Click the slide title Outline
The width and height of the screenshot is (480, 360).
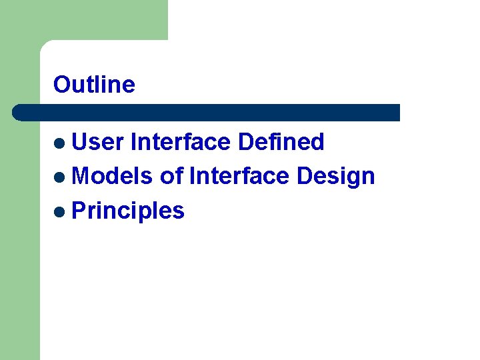(x=94, y=85)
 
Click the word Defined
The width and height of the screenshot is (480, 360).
(x=281, y=142)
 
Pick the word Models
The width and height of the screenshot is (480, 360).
(x=112, y=177)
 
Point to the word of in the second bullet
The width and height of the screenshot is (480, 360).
(x=171, y=177)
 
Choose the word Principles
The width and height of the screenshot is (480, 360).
(x=127, y=211)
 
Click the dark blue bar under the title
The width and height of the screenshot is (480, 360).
(x=207, y=112)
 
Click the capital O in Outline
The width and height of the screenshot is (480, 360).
(x=61, y=85)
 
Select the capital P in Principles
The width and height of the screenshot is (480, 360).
(x=78, y=211)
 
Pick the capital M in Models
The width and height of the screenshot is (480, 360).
(x=81, y=177)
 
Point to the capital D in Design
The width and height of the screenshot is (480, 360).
(x=305, y=177)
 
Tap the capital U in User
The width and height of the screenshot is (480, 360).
(x=79, y=142)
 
